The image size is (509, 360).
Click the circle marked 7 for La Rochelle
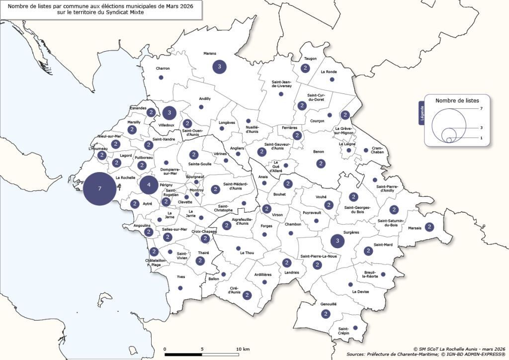pyautogui.click(x=100, y=189)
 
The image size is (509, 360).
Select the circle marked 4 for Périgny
pyautogui.click(x=149, y=185)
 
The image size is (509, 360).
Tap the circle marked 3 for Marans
pyautogui.click(x=219, y=66)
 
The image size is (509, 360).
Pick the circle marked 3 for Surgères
pyautogui.click(x=338, y=241)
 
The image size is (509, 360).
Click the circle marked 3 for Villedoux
pyautogui.click(x=170, y=113)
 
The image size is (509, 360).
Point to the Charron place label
pyautogui.click(x=163, y=68)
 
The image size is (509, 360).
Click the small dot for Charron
pyautogui.click(x=161, y=78)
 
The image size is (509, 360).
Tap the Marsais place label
pyautogui.click(x=415, y=228)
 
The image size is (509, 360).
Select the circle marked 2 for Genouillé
pyautogui.click(x=326, y=314)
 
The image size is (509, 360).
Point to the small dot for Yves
pyautogui.click(x=180, y=288)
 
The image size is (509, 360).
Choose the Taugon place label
pyautogui.click(x=310, y=59)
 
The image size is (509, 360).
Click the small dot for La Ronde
pyautogui.click(x=332, y=80)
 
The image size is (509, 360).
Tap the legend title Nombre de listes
pyautogui.click(x=452, y=100)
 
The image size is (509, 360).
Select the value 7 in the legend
pyautogui.click(x=481, y=108)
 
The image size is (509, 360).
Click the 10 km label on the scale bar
pyautogui.click(x=243, y=349)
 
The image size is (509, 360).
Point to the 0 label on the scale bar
pyautogui.click(x=165, y=349)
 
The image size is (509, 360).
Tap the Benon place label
pyautogui.click(x=318, y=152)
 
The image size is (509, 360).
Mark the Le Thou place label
pyautogui.click(x=247, y=253)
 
